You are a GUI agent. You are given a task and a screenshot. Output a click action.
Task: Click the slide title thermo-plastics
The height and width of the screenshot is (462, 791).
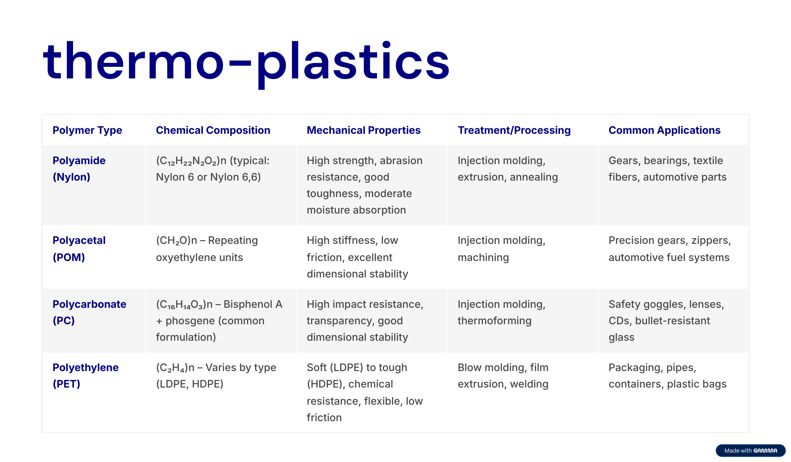point(246,63)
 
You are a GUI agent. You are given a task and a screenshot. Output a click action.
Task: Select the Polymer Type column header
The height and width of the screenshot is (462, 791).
point(87,130)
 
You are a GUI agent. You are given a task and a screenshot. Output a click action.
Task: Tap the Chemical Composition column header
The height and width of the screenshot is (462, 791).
point(213,130)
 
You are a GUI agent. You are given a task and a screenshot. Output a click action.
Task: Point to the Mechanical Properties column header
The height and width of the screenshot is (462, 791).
point(364,130)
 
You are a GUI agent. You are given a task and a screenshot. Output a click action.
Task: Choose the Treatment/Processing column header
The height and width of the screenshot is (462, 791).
point(514,130)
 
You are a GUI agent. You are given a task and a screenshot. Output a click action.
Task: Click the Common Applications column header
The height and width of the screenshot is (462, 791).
point(664,130)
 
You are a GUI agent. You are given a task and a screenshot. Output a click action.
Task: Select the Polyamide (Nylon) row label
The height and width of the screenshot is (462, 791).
point(79,169)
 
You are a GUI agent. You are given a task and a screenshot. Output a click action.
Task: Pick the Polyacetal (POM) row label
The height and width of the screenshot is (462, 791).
point(79,249)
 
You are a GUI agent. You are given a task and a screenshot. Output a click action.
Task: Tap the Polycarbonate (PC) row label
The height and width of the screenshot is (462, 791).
point(89,312)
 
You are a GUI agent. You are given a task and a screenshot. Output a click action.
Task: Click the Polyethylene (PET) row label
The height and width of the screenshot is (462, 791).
point(86,376)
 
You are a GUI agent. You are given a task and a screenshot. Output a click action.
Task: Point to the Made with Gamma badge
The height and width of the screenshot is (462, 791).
point(750,450)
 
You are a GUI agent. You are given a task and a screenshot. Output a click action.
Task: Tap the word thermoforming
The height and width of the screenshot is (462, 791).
point(495,321)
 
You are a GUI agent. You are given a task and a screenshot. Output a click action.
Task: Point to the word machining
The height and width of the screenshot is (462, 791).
point(483,258)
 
